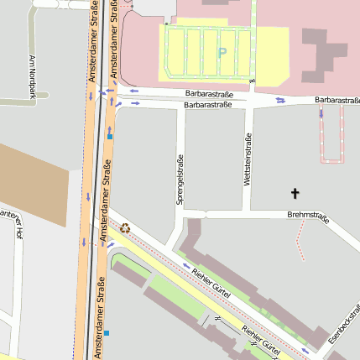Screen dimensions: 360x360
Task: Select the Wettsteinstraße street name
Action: pos(248,160)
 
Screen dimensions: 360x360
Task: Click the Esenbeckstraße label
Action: pos(344,322)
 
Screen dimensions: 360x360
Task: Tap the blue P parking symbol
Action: pos(222,52)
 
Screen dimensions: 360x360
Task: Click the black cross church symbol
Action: pos(295,194)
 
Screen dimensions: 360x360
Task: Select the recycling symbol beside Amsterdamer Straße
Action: pos(125,227)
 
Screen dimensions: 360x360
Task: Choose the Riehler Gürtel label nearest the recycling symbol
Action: pos(211,282)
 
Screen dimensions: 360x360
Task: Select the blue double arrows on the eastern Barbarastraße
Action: pos(280,101)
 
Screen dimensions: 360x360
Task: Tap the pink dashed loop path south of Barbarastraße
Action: pos(331,138)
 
